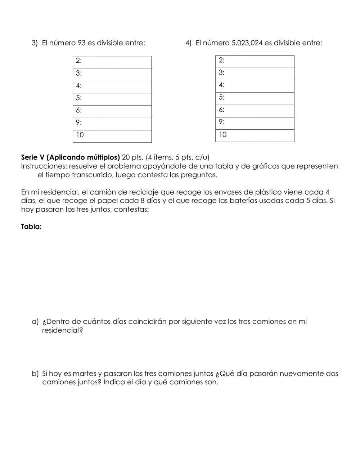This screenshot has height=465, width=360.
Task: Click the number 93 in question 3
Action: [x=81, y=43]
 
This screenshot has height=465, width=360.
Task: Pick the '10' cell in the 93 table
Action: [x=112, y=136]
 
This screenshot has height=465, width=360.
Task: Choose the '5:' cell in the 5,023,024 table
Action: [x=255, y=98]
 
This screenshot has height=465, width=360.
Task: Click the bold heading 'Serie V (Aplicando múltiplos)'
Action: [x=70, y=157]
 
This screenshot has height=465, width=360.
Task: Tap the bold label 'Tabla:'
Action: [x=31, y=227]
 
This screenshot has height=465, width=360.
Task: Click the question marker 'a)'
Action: [x=35, y=322]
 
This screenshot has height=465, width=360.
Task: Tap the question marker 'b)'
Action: [x=35, y=374]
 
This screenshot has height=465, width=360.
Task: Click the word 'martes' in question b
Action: [x=85, y=374]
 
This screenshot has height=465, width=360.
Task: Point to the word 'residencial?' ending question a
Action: [x=62, y=330]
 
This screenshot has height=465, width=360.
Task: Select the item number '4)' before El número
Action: [x=189, y=43]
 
